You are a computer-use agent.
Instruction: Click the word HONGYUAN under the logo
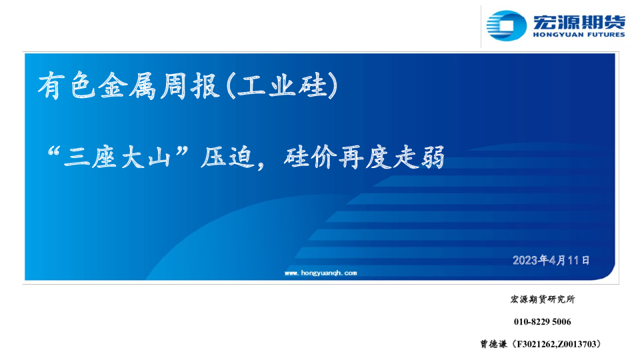coord(555,35)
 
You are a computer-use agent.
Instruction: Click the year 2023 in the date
coord(525,260)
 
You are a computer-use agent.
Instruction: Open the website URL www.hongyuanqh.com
coord(321,273)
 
